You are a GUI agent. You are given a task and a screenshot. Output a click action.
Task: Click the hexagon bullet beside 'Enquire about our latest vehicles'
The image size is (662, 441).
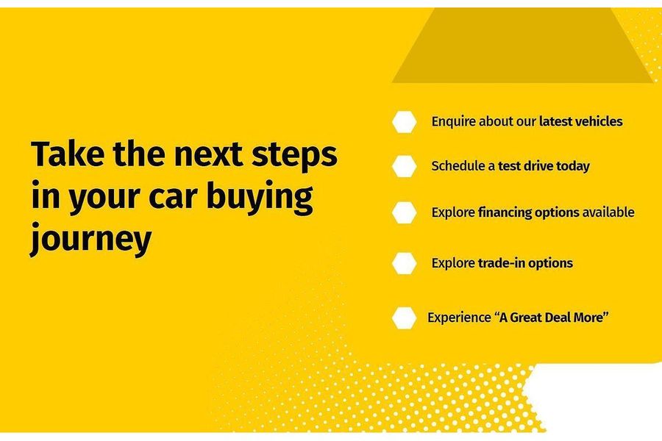click(x=404, y=122)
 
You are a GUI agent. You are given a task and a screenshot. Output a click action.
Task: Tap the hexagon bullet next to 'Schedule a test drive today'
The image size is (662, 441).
click(x=404, y=166)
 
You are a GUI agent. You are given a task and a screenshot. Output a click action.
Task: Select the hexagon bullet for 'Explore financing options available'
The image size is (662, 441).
click(x=404, y=212)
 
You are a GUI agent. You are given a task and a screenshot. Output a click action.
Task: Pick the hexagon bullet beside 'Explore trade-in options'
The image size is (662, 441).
click(x=404, y=263)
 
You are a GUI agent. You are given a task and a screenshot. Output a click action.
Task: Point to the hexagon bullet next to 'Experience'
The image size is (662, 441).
click(x=404, y=318)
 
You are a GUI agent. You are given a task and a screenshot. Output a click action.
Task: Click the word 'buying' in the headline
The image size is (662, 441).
click(x=260, y=198)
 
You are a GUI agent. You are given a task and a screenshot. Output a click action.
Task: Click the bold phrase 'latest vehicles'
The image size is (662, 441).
click(x=580, y=121)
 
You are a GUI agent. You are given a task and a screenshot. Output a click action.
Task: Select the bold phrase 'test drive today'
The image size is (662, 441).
click(x=544, y=166)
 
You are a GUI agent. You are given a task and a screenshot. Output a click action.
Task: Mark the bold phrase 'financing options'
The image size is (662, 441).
click(x=529, y=212)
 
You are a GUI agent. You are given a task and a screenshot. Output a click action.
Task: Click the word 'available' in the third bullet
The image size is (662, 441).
click(x=608, y=212)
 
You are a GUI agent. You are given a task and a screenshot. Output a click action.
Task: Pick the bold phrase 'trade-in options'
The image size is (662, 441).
click(x=525, y=263)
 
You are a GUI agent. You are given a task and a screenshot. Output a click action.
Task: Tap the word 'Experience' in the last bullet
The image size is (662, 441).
click(x=459, y=318)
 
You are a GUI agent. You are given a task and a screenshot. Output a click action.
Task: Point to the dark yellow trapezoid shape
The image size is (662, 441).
click(x=523, y=46)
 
